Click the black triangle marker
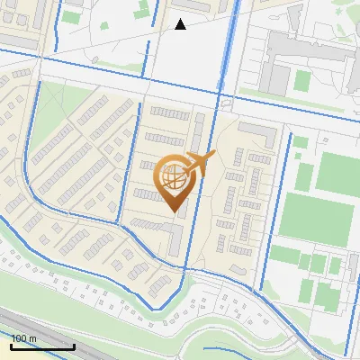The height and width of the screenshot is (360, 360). click(181, 24)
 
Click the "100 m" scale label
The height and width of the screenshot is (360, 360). click(23, 338)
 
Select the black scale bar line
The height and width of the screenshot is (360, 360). click(42, 346)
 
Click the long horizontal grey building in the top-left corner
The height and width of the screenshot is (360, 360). click(18, 41)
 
